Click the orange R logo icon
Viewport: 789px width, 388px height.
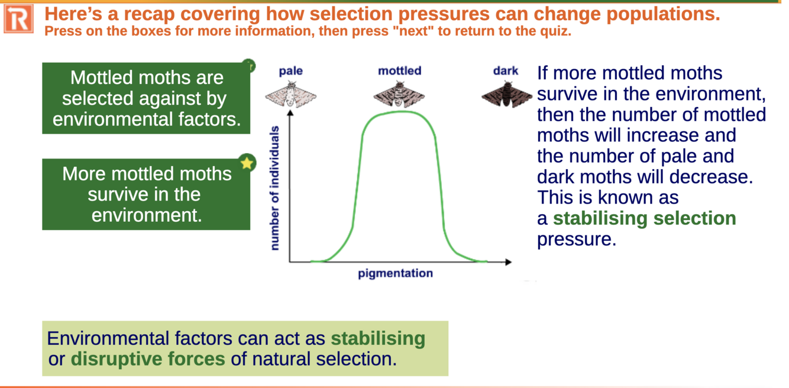point(19,19)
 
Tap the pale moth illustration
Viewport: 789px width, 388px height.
point(291,94)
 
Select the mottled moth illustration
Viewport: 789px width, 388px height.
point(399,94)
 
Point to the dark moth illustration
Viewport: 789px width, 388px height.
point(507,94)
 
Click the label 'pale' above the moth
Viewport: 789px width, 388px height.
point(290,71)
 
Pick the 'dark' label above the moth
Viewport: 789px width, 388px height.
point(506,71)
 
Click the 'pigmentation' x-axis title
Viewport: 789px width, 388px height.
point(395,274)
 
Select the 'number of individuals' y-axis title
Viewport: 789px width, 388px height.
point(274,188)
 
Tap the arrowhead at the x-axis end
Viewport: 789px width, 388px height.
point(508,262)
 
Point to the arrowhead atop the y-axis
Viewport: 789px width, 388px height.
point(290,112)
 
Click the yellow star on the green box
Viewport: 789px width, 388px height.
point(247,163)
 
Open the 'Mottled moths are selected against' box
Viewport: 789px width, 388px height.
point(146,98)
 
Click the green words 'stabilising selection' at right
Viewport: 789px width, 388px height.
point(644,218)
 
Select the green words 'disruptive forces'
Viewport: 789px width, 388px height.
point(148,359)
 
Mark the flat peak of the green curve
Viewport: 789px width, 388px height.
point(399,112)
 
